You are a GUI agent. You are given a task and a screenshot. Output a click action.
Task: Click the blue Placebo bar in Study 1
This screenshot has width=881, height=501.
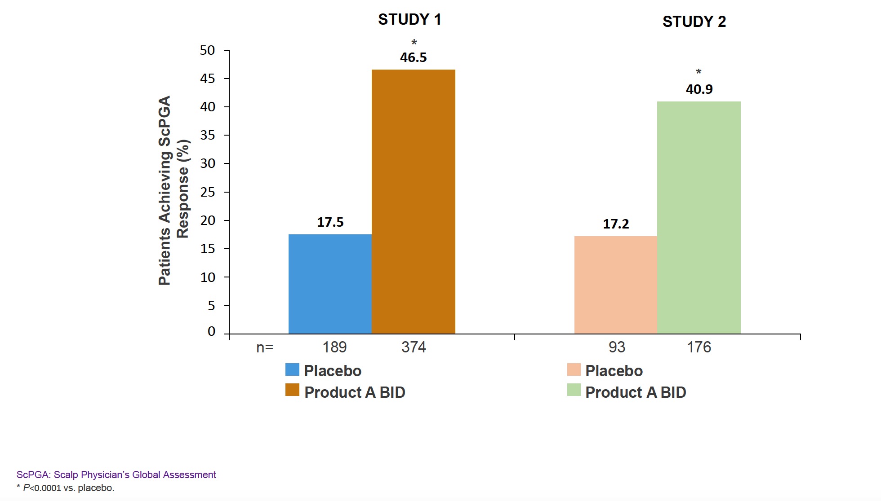tap(330, 284)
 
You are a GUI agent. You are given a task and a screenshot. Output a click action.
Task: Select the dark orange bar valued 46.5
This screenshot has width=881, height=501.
tap(413, 202)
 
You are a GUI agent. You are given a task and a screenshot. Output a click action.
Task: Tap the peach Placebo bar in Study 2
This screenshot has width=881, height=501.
tap(615, 285)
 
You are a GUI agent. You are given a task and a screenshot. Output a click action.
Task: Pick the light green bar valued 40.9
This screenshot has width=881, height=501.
tap(699, 217)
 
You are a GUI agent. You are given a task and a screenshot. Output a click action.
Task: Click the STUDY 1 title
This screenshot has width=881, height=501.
tap(409, 20)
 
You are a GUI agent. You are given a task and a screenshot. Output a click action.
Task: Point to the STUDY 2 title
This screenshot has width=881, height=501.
tap(694, 22)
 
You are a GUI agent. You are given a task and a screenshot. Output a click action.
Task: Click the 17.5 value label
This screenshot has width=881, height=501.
tap(330, 222)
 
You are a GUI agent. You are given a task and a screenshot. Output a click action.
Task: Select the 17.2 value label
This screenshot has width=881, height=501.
tap(616, 224)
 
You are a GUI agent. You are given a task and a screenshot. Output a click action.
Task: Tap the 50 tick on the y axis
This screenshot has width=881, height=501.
tap(208, 50)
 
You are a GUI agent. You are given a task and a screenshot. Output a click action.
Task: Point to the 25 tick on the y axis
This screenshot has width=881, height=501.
tap(208, 192)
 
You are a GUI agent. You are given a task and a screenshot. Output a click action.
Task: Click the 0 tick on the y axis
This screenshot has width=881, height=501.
tap(211, 331)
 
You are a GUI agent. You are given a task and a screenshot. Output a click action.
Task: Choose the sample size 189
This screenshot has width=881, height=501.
tap(334, 347)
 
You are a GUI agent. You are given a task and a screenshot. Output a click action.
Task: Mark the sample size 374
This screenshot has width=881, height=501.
tap(414, 347)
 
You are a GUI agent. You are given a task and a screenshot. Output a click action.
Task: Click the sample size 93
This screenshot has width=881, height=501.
tap(617, 347)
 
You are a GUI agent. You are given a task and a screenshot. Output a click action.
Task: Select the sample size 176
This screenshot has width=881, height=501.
tap(699, 347)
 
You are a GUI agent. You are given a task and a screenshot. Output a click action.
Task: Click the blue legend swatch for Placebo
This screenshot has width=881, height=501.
tap(292, 369)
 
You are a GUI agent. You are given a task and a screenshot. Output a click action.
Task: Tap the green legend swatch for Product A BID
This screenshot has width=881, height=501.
tap(574, 390)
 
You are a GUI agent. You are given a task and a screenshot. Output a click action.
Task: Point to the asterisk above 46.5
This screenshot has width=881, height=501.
tap(414, 43)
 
